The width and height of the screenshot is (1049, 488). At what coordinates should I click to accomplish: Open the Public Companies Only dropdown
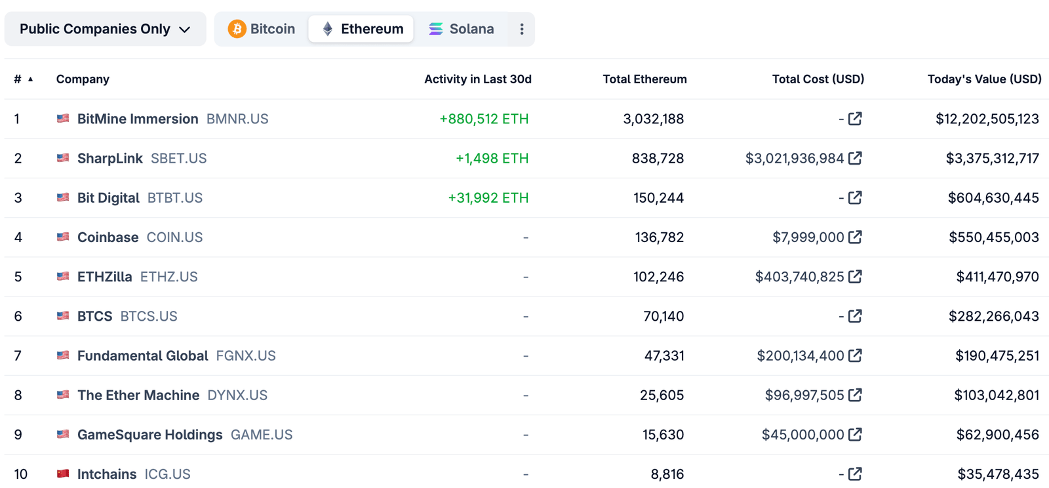(105, 29)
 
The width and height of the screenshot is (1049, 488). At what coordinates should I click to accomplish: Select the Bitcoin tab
(262, 29)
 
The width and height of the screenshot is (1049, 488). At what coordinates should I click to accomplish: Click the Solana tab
(461, 29)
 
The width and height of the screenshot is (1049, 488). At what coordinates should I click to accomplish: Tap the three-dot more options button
(521, 29)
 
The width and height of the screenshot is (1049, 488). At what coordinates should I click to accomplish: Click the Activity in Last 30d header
(477, 79)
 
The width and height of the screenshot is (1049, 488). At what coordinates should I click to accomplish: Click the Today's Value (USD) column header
(983, 79)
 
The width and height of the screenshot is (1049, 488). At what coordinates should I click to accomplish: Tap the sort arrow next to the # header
(30, 79)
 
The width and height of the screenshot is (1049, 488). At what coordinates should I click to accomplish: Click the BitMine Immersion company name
(137, 119)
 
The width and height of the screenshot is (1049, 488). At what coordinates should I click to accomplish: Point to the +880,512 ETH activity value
(483, 119)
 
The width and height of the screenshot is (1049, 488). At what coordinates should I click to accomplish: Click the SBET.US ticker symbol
(178, 158)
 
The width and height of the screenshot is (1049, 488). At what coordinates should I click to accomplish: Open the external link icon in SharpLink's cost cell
(855, 158)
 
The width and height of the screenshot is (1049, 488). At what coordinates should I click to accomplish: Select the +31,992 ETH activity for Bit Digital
(488, 197)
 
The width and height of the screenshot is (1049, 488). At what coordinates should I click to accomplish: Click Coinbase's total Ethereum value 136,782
(659, 237)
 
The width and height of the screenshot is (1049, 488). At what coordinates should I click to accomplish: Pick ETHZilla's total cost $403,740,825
(799, 277)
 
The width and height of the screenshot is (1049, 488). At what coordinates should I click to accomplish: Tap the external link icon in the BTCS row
(855, 316)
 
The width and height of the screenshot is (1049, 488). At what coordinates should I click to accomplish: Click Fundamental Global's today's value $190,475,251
(997, 356)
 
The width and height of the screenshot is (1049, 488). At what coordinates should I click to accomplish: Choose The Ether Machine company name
(138, 395)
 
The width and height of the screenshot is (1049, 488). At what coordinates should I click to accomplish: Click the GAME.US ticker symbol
(261, 435)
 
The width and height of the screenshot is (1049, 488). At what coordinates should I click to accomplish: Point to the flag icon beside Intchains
(63, 474)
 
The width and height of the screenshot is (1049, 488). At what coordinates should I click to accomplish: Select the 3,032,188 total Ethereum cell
(653, 119)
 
